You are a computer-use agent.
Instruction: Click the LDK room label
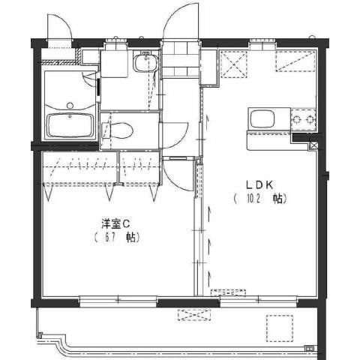[259, 185]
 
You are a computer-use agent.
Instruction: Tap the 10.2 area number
[253, 199]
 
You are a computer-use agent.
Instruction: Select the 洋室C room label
[115, 223]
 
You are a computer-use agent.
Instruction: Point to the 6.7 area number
[109, 238]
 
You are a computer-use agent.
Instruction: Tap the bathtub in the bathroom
[70, 125]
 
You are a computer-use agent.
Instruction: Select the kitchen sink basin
[262, 119]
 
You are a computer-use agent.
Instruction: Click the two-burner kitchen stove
[303, 119]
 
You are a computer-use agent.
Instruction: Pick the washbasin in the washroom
[145, 62]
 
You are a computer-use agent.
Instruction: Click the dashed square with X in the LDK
[234, 64]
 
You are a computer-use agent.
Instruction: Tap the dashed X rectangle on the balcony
[194, 315]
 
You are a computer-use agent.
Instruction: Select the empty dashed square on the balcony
[280, 328]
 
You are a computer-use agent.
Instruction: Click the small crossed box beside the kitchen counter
[313, 145]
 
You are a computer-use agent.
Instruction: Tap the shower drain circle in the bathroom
[70, 105]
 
